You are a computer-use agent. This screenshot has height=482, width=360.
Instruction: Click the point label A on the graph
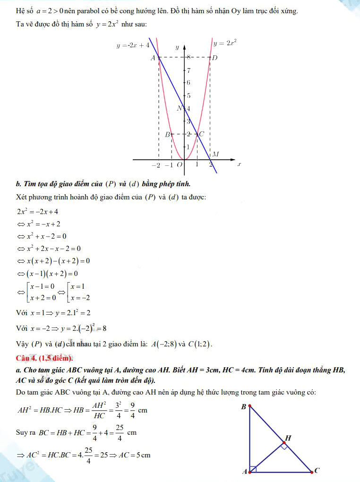pyautogui.click(x=153, y=58)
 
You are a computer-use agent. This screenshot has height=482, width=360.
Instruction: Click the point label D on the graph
pyautogui.click(x=215, y=58)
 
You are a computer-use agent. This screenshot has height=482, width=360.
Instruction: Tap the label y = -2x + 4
pyautogui.click(x=133, y=45)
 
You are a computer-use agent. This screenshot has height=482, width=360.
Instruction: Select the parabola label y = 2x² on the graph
pyautogui.click(x=224, y=43)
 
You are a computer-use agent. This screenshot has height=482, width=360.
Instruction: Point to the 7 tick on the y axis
pyautogui.click(x=189, y=71)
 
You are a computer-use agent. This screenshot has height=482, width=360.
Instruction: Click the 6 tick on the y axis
pyautogui.click(x=189, y=83)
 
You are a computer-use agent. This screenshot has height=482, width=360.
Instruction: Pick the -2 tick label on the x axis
pyautogui.click(x=156, y=165)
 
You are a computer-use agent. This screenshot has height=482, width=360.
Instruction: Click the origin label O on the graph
pyautogui.click(x=180, y=165)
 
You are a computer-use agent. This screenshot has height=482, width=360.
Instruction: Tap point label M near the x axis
pyautogui.click(x=215, y=154)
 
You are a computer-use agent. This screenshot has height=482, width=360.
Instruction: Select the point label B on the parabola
pyautogui.click(x=167, y=134)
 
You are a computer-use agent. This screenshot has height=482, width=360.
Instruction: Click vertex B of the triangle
pyautogui.click(x=249, y=406)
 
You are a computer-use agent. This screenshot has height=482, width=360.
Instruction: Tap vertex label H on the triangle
pyautogui.click(x=288, y=438)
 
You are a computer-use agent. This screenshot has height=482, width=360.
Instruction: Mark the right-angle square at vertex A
pyautogui.click(x=253, y=469)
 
